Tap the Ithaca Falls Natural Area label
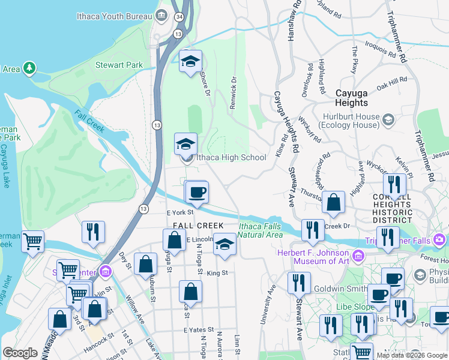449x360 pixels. [260, 230]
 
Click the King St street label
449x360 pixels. [217, 272]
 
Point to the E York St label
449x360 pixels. [179, 212]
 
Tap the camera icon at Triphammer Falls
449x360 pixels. [441, 240]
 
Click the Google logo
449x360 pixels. [20, 353]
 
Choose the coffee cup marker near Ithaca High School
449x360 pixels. [197, 193]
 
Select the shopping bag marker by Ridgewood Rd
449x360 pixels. [333, 203]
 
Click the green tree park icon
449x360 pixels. [29, 68]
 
